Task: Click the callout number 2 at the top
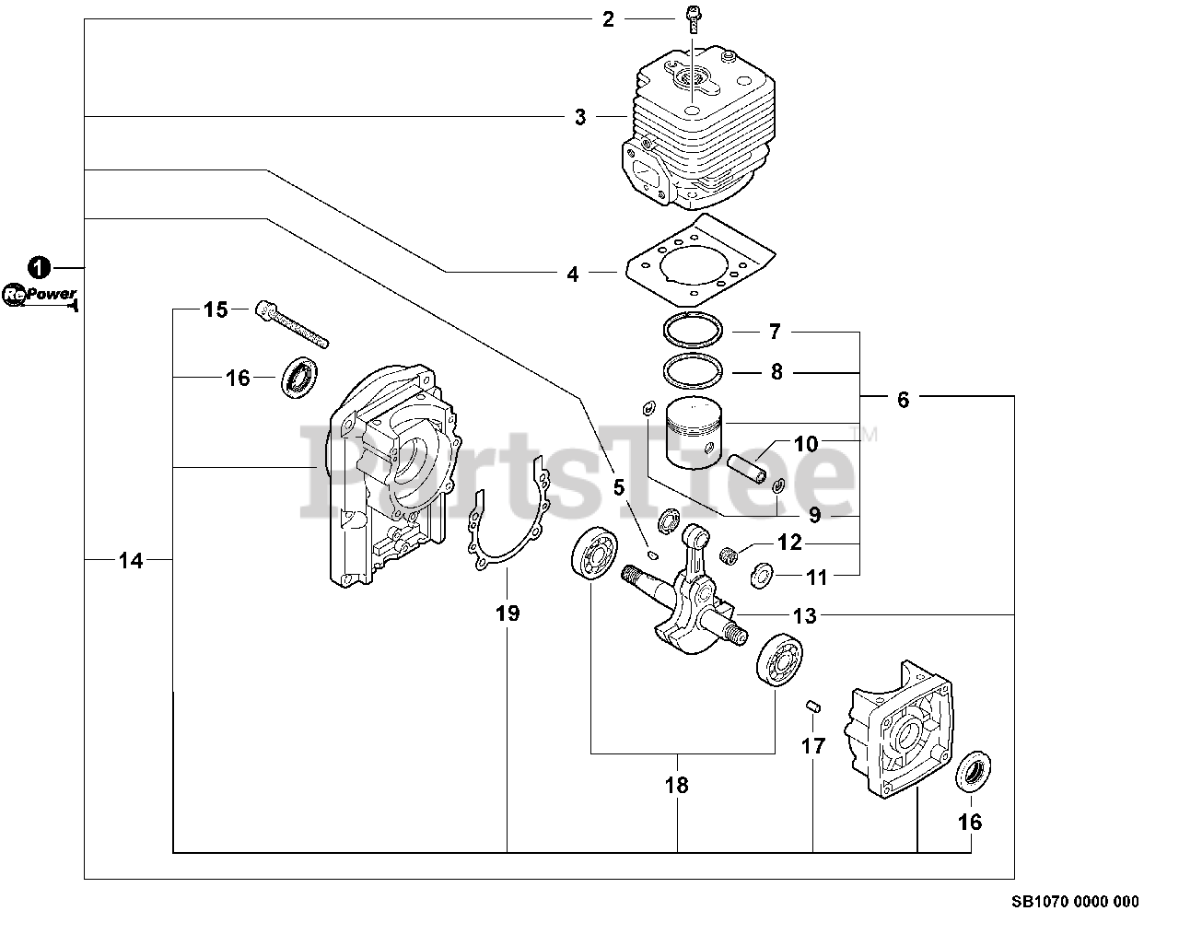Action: coord(608,18)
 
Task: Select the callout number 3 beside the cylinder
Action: coord(580,117)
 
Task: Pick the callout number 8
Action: coord(776,372)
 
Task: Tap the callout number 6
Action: coord(903,399)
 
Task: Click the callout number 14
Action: coord(132,559)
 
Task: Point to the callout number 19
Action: coord(508,613)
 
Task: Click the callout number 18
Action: coord(677,786)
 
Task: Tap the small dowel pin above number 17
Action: coord(811,706)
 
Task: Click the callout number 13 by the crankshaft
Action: coord(804,616)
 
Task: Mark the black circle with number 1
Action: coord(38,267)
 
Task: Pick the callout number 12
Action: coord(789,543)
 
